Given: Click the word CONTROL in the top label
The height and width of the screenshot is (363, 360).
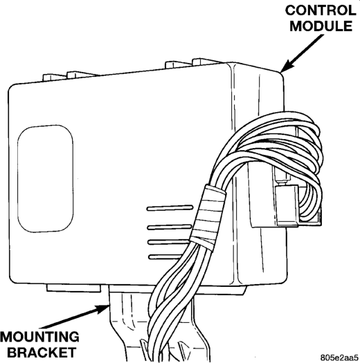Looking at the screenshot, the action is click(321, 10).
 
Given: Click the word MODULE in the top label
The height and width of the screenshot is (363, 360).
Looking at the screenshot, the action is click(321, 26).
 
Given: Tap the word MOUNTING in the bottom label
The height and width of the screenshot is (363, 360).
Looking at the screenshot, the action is click(39, 337).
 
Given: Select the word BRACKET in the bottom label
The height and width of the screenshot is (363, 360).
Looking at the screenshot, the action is click(42, 353).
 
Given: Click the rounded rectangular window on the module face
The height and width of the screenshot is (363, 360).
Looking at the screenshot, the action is click(46, 178).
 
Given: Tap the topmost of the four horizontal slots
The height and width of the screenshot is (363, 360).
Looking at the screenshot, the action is click(170, 208).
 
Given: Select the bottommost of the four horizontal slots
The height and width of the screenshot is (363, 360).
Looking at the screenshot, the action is click(165, 257).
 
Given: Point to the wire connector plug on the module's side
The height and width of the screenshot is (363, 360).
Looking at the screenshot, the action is click(287, 205).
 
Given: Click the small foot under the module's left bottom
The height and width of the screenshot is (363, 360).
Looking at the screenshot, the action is click(73, 288).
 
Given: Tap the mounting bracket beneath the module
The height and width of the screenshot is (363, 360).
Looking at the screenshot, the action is click(130, 324).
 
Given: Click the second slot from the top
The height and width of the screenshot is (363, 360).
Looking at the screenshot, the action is click(169, 227).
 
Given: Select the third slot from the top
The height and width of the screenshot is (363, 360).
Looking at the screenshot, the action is click(168, 242).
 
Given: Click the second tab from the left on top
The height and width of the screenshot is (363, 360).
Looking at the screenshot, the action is click(81, 75).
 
